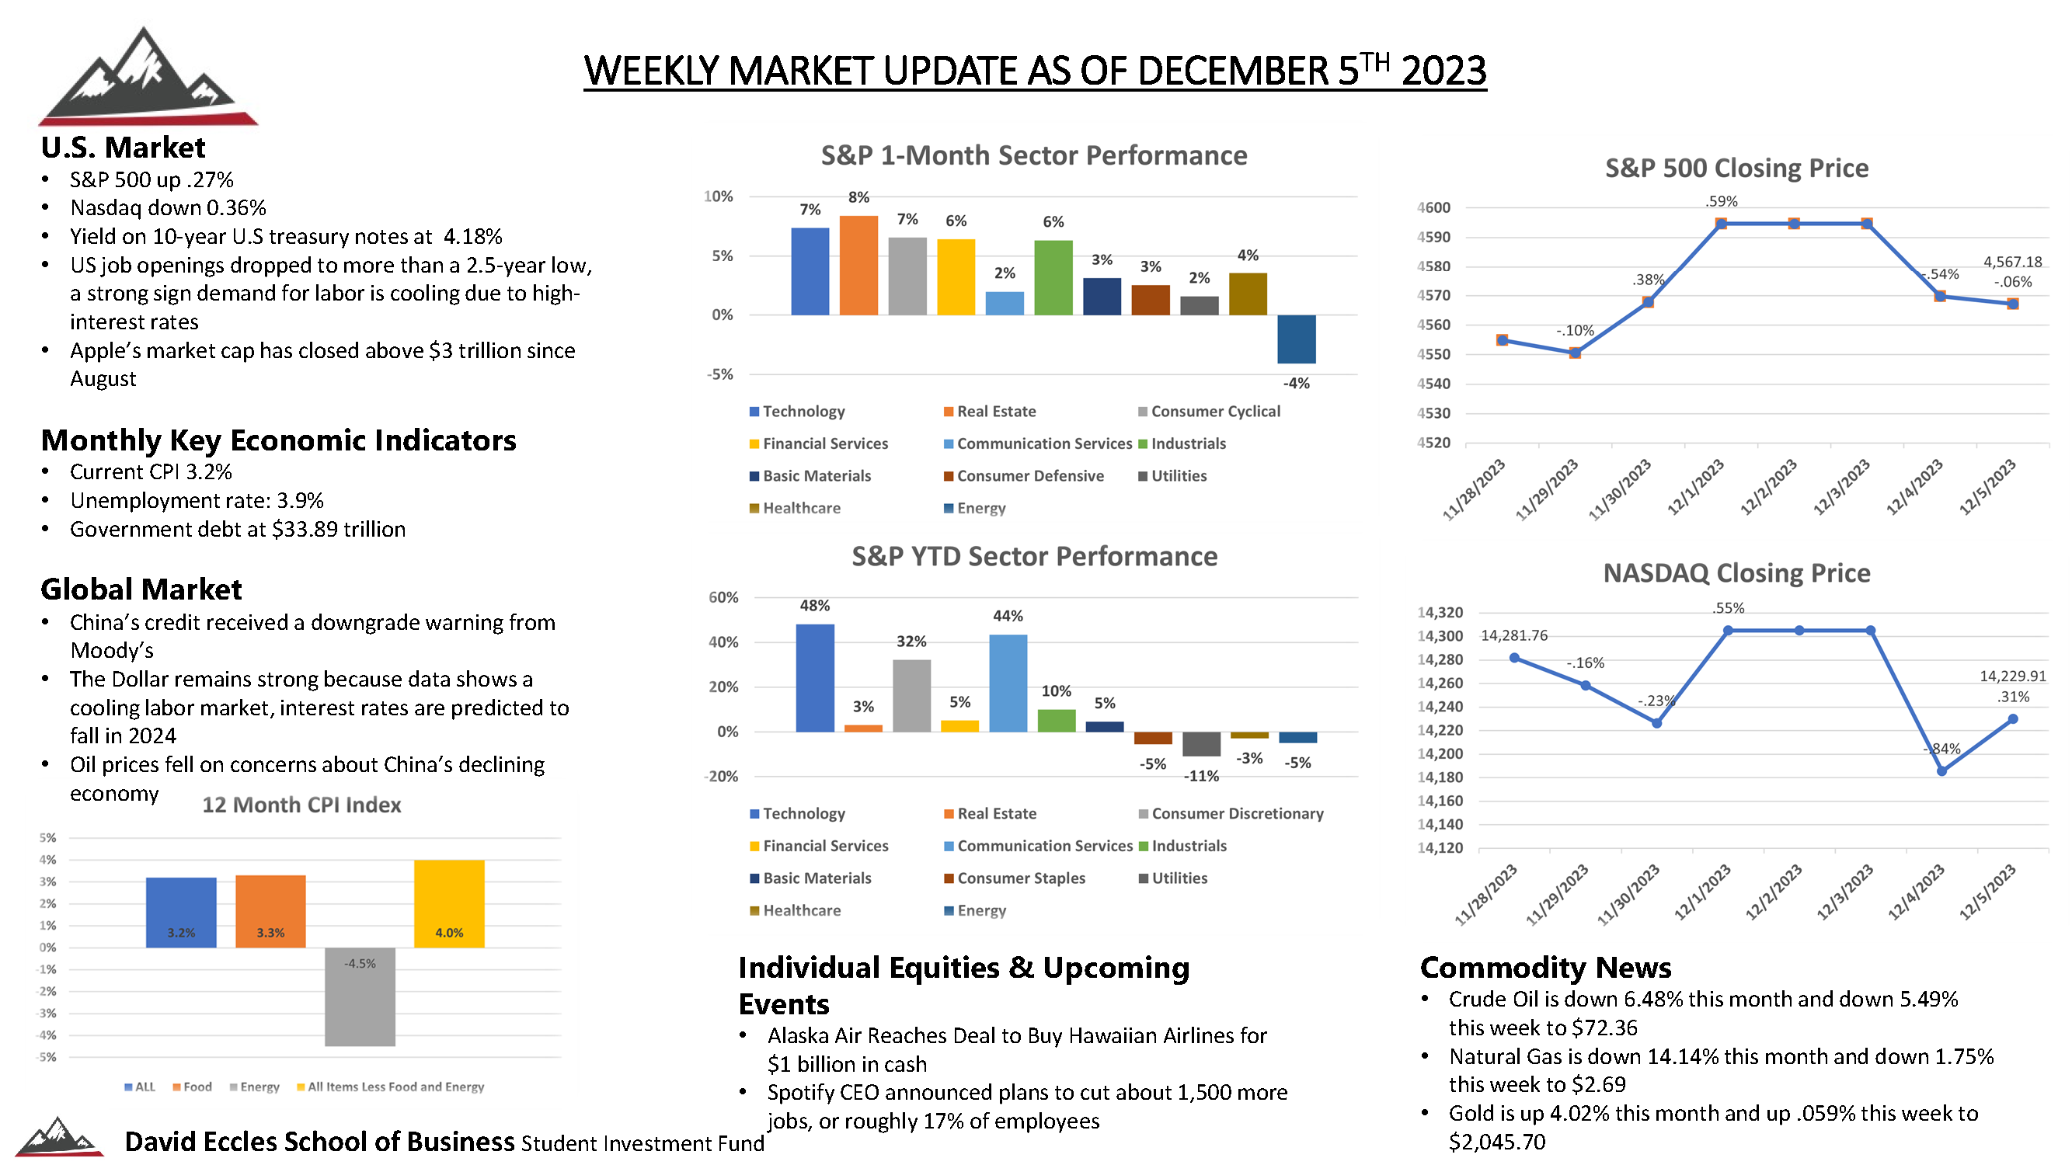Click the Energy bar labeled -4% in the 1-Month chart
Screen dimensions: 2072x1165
pyautogui.click(x=1296, y=339)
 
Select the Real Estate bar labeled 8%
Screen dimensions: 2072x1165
pyautogui.click(x=858, y=265)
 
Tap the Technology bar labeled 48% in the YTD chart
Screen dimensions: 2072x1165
pyautogui.click(x=815, y=678)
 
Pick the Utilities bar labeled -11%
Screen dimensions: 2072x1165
pyautogui.click(x=1201, y=744)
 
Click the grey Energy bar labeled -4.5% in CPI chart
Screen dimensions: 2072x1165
pyautogui.click(x=360, y=996)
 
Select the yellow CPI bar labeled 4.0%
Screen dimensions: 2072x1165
pyautogui.click(x=449, y=904)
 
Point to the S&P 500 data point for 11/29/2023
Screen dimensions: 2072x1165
pyautogui.click(x=1574, y=352)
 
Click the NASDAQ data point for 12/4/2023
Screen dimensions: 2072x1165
pyautogui.click(x=1941, y=770)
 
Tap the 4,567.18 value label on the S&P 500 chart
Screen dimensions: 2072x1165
pyautogui.click(x=2011, y=262)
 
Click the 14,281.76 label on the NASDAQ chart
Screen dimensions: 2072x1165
pyautogui.click(x=1513, y=635)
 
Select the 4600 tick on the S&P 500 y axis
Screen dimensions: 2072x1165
pyautogui.click(x=1433, y=207)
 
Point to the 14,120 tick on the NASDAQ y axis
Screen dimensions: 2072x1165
pyautogui.click(x=1440, y=847)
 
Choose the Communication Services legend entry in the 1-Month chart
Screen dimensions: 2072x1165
pyautogui.click(x=1038, y=443)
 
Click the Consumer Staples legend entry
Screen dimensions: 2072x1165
pyautogui.click(x=1015, y=878)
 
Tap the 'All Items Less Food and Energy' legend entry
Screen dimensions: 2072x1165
pyautogui.click(x=390, y=1087)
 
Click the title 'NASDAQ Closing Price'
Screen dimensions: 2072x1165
pyautogui.click(x=1736, y=572)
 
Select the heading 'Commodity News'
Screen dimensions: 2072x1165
pyautogui.click(x=1545, y=966)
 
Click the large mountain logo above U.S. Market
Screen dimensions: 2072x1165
pyautogui.click(x=147, y=76)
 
